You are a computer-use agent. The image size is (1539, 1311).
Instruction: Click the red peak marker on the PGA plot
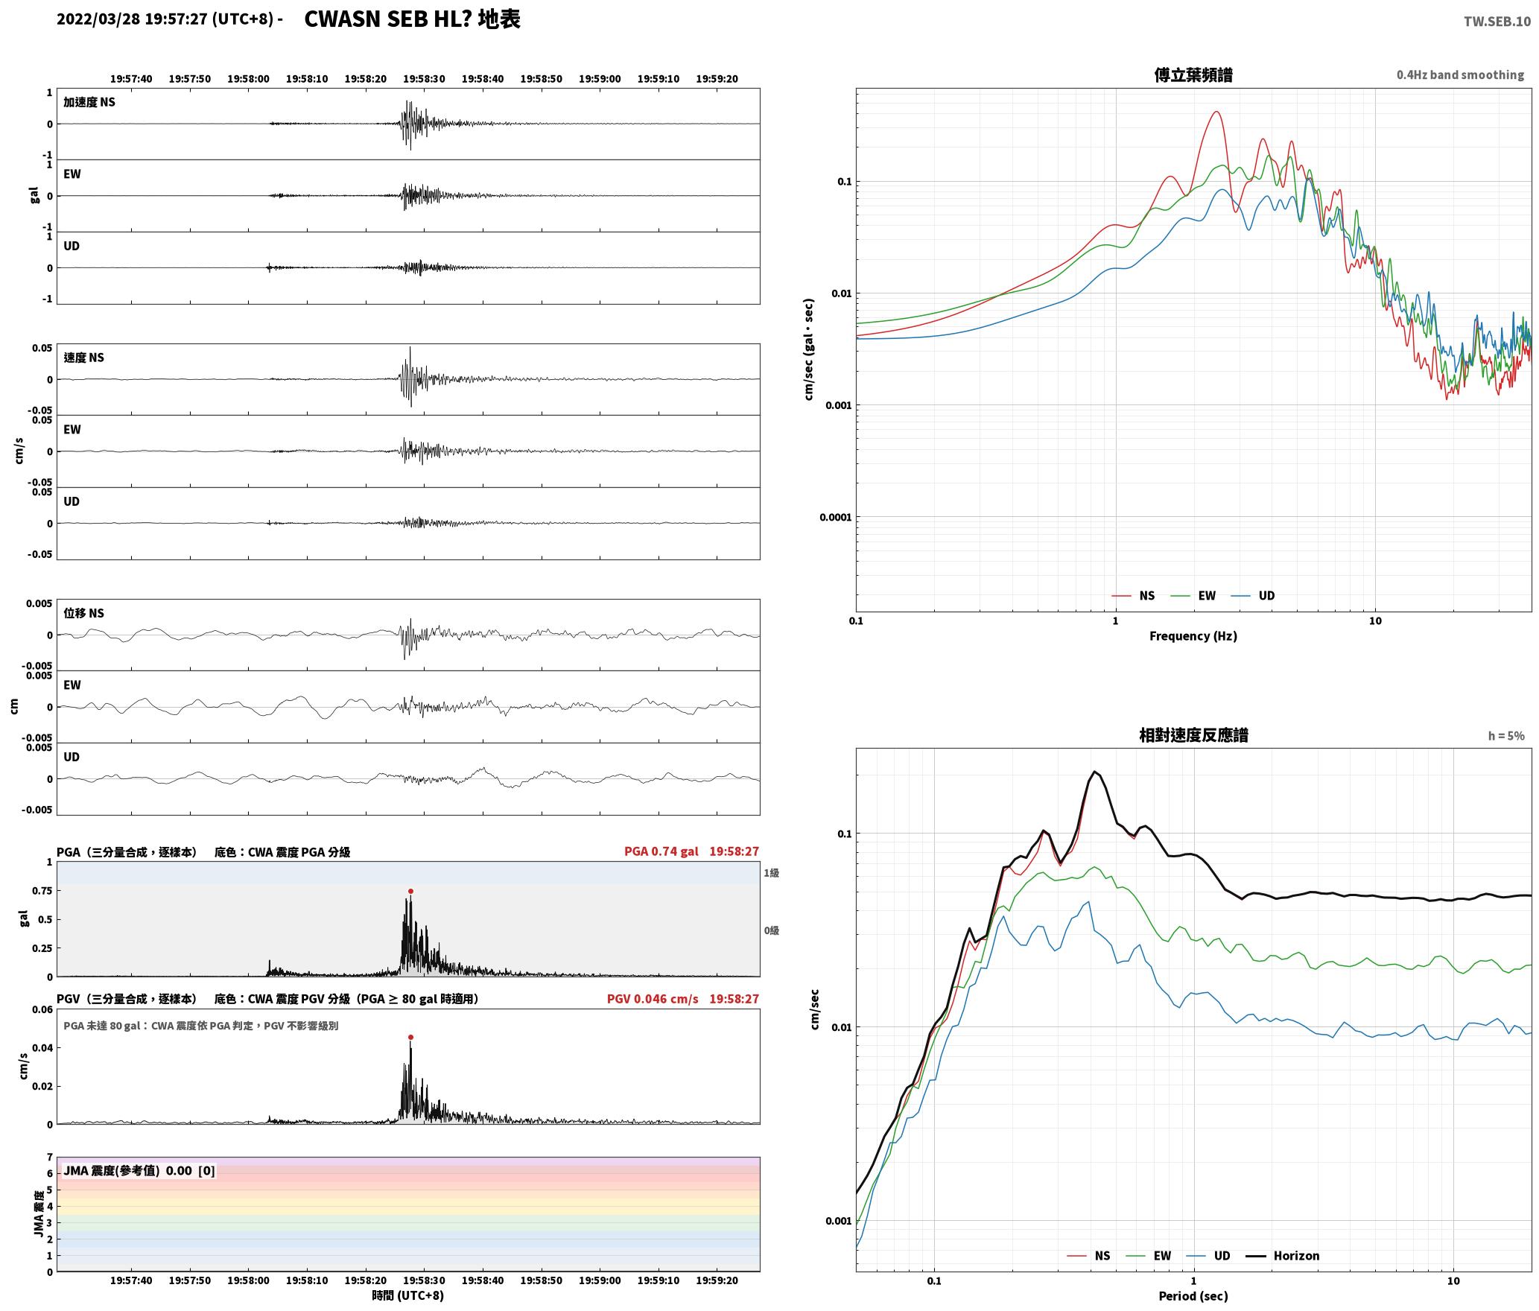(410, 891)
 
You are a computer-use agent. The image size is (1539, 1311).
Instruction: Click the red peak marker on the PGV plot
(410, 1037)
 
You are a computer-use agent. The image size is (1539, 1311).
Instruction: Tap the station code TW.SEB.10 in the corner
(1497, 22)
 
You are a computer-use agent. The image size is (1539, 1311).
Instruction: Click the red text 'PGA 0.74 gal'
(661, 851)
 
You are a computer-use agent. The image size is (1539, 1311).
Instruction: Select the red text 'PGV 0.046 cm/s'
(653, 999)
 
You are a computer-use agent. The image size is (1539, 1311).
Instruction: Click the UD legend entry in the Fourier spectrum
(1253, 596)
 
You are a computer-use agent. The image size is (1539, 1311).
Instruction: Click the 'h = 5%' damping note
(1506, 736)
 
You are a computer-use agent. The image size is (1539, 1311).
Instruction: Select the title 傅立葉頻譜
(1193, 74)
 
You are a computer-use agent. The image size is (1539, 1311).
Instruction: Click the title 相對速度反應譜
(1193, 735)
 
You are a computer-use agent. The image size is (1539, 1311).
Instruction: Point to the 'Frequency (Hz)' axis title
(1193, 636)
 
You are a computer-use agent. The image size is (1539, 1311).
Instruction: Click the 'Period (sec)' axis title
(1193, 1296)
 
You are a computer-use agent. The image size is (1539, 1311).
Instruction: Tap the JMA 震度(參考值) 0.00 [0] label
(139, 1170)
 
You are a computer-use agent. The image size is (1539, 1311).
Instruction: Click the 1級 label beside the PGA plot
(771, 873)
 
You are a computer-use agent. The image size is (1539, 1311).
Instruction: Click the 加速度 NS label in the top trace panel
(89, 102)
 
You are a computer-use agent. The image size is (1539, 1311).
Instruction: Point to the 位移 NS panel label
(83, 613)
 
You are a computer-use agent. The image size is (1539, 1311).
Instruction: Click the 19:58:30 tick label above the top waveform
(424, 79)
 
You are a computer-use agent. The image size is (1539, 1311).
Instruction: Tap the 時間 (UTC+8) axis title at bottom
(408, 1295)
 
